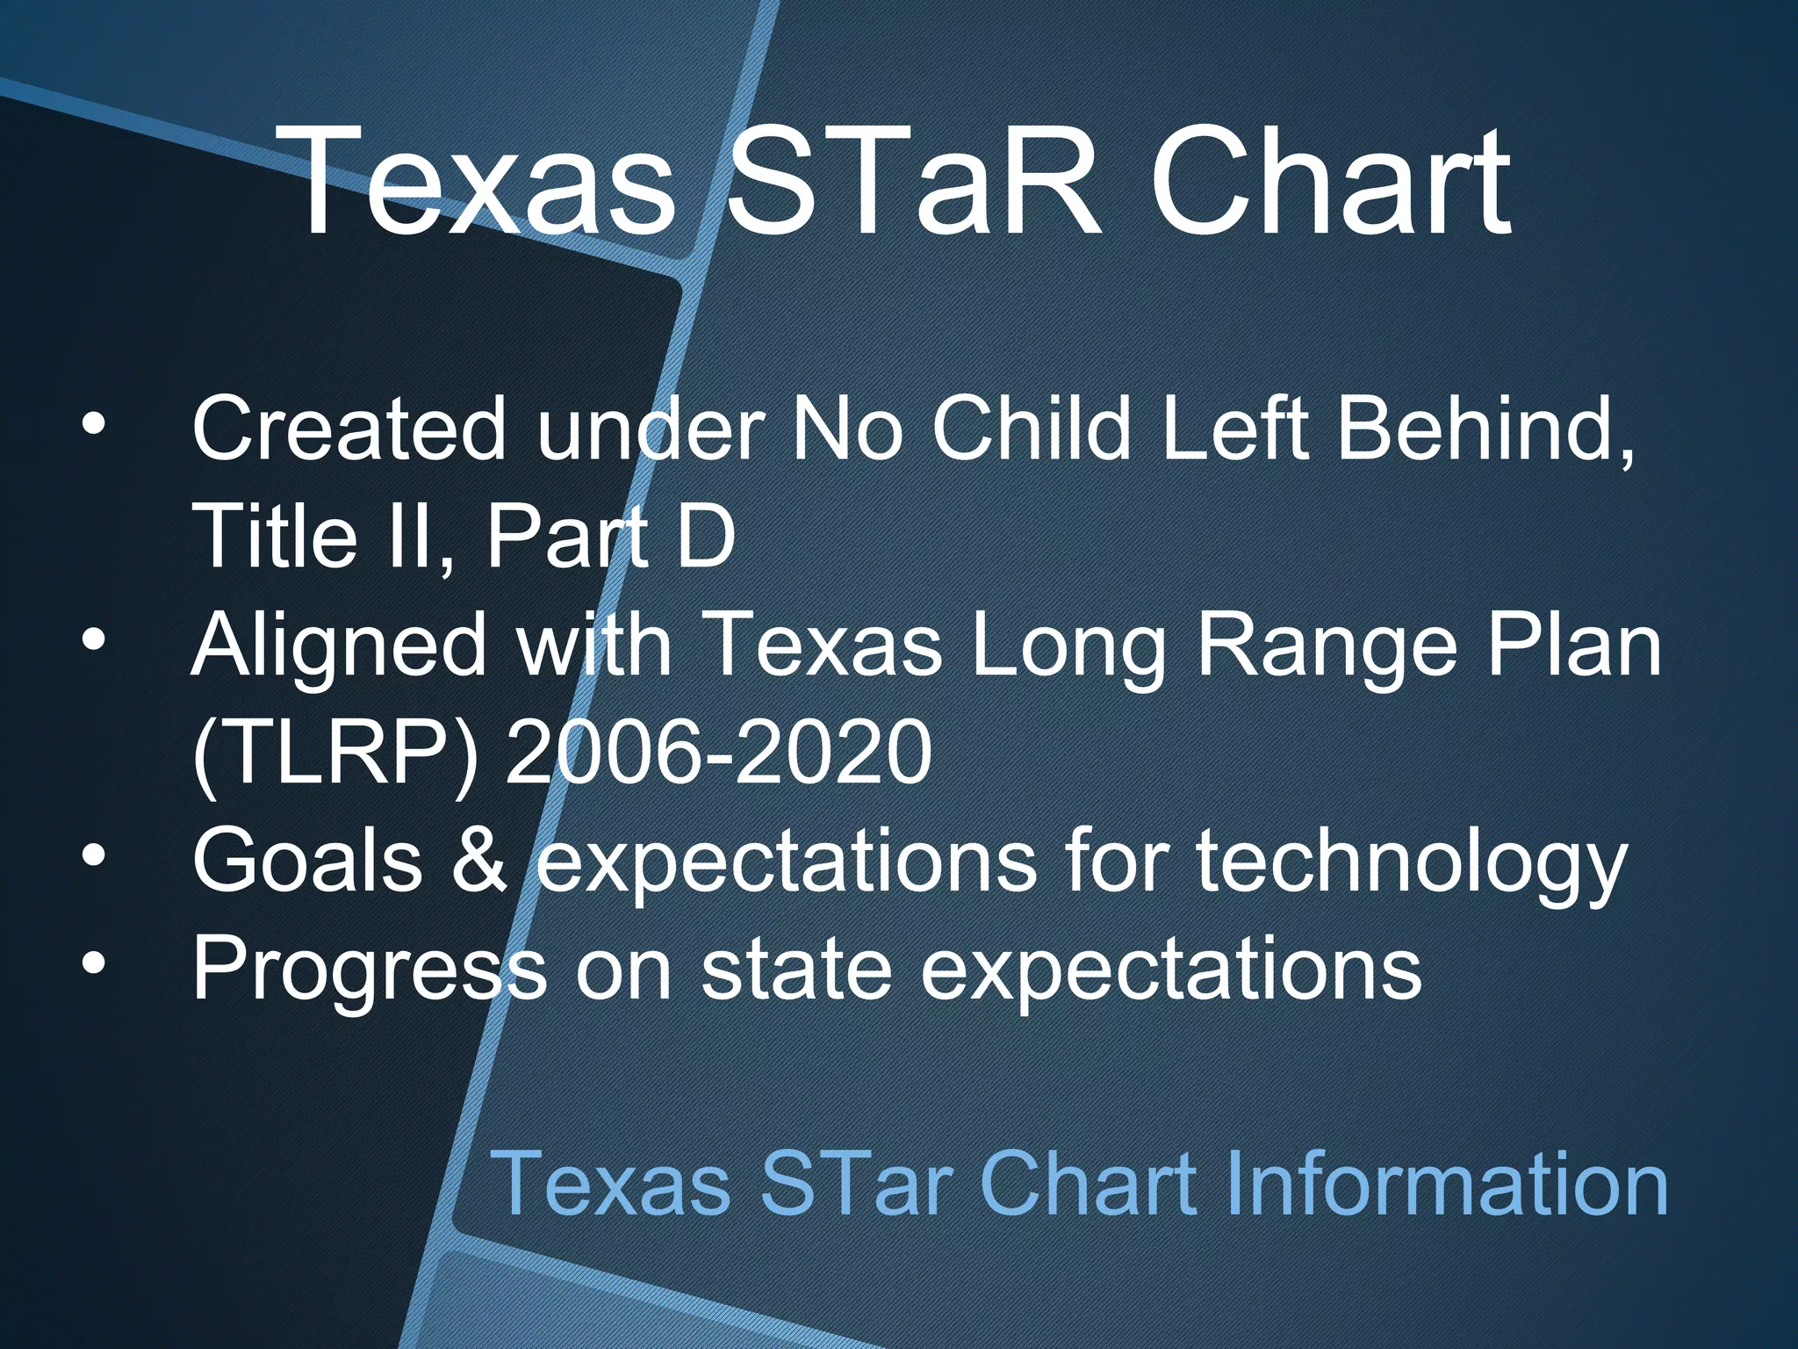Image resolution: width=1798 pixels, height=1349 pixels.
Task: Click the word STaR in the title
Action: [913, 182]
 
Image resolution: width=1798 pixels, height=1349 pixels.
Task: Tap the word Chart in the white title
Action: [1330, 182]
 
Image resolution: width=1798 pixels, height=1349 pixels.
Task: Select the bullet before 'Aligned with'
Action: [93, 641]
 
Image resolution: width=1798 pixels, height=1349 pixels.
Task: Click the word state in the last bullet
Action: [795, 969]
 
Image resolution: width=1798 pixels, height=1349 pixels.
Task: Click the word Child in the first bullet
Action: [1031, 429]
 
